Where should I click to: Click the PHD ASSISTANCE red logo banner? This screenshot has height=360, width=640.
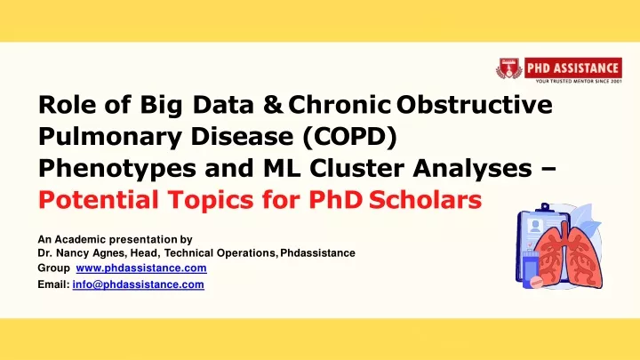tap(573, 68)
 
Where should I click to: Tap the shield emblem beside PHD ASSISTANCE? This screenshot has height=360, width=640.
tap(508, 68)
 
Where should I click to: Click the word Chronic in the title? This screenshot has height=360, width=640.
tap(340, 105)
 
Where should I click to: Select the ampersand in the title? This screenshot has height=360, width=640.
tap(273, 105)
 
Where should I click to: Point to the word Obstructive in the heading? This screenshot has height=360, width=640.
tap(475, 105)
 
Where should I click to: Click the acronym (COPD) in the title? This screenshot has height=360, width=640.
tap(349, 137)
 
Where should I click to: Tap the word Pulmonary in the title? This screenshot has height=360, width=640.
tap(110, 137)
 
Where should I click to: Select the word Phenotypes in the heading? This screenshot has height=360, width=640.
tap(117, 169)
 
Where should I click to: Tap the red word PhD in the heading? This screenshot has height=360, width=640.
tap(335, 200)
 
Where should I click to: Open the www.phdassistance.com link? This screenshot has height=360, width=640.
tap(141, 268)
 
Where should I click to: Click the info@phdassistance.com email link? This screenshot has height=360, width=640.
tap(139, 284)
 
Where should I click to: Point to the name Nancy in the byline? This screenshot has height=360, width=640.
tap(73, 253)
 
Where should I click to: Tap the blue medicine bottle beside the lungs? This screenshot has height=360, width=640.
tap(530, 268)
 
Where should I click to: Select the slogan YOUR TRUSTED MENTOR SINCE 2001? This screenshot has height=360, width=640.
tap(579, 81)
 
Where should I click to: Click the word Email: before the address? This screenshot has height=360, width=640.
tap(53, 284)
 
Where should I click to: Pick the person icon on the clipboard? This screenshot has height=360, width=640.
tap(535, 226)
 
